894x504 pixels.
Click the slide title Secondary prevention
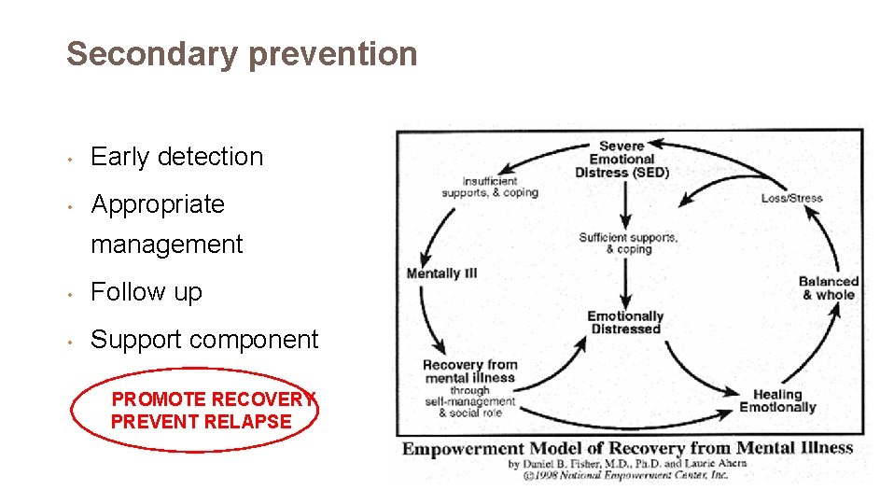(x=242, y=54)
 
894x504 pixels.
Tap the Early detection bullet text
(x=176, y=157)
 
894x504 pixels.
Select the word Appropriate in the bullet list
(x=158, y=204)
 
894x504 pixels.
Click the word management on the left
(x=166, y=245)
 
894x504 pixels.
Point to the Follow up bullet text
(x=146, y=292)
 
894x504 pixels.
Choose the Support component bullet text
(x=204, y=340)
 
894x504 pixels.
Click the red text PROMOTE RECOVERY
(x=214, y=399)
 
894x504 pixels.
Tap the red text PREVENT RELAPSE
(x=201, y=422)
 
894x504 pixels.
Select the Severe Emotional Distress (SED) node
(x=622, y=160)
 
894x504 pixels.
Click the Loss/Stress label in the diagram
(x=791, y=199)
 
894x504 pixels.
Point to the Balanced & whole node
(x=828, y=287)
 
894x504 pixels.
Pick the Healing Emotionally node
(x=777, y=401)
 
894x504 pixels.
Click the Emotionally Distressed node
(x=624, y=322)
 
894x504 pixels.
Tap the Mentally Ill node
(x=441, y=273)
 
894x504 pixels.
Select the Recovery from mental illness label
(x=469, y=371)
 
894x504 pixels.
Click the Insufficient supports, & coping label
(x=489, y=187)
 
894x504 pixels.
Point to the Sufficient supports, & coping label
(x=627, y=244)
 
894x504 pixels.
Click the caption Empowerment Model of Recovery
(x=627, y=448)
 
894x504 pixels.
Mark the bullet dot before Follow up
(x=71, y=293)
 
